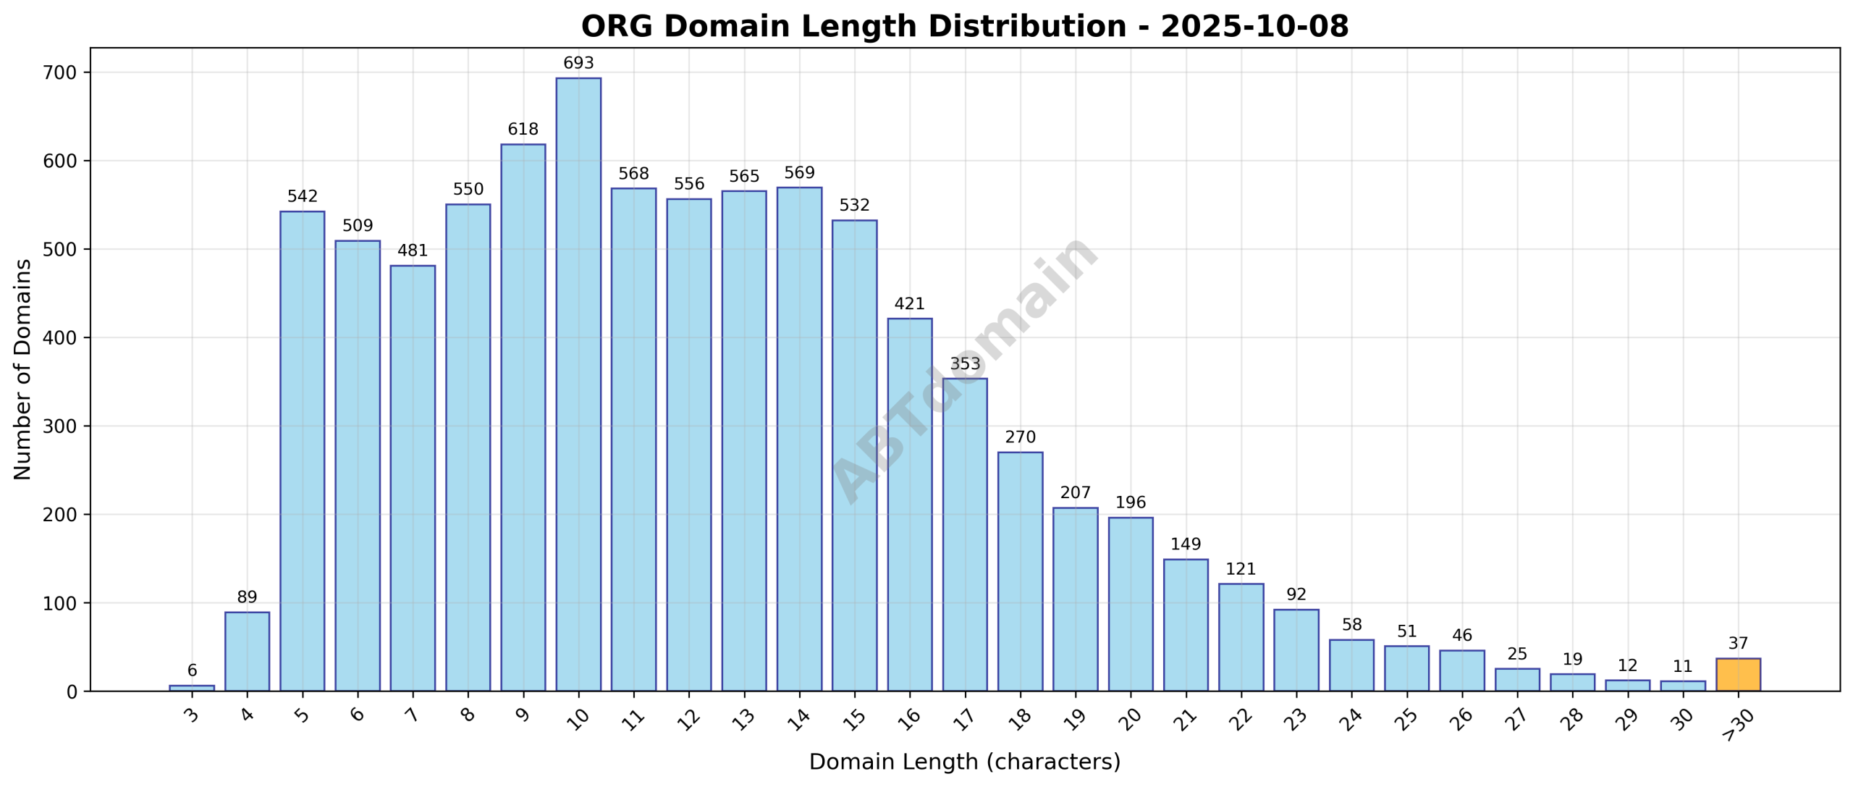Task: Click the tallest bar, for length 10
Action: [578, 384]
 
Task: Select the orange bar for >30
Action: [1737, 674]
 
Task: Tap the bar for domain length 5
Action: [302, 450]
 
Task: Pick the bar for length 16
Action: [909, 504]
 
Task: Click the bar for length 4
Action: [247, 651]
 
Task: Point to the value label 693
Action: [578, 63]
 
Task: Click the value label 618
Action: [523, 129]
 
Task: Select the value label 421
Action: [909, 303]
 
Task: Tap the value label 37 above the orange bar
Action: [1737, 643]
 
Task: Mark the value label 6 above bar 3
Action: [192, 670]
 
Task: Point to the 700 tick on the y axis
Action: [60, 72]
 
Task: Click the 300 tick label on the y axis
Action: [60, 426]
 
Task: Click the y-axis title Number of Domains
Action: [22, 369]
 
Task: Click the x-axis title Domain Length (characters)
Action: [964, 762]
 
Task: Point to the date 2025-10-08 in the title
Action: [1254, 27]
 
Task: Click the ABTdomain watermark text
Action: [964, 369]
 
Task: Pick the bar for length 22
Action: [1241, 637]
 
